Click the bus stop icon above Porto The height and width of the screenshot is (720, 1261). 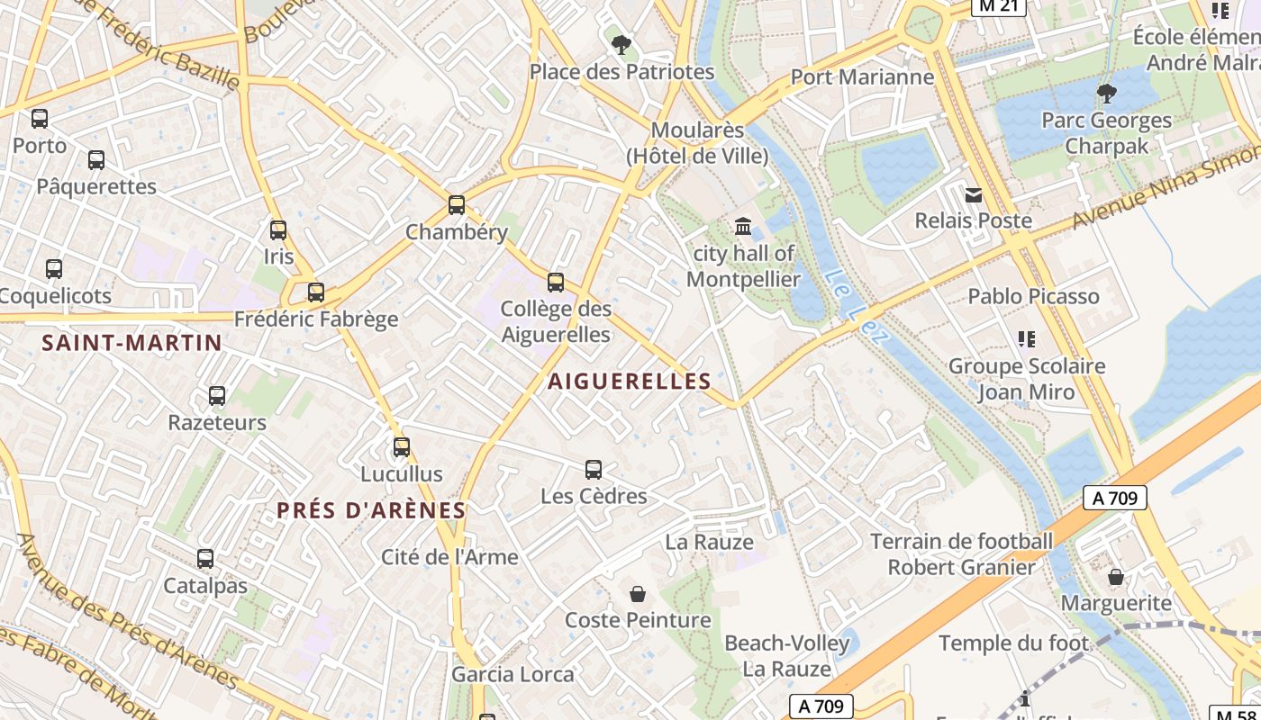pos(40,118)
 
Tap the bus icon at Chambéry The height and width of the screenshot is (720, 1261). pos(457,205)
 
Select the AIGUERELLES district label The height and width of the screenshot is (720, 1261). pos(630,382)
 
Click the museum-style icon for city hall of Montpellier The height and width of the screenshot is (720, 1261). pos(743,226)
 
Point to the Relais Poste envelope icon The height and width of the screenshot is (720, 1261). pos(974,194)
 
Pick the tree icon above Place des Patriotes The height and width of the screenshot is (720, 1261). pos(621,44)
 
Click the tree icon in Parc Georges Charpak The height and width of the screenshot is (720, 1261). pos(1107,93)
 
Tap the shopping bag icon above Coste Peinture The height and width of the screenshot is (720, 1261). pos(638,594)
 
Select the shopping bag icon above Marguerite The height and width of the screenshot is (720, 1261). pos(1116,577)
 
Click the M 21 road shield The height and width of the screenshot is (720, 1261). pos(999,6)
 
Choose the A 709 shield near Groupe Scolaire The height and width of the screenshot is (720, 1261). pos(1114,498)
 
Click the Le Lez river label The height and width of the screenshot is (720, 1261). pos(856,308)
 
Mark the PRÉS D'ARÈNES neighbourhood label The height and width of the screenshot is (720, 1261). pos(371,510)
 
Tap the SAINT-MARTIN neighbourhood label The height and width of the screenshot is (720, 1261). pos(132,343)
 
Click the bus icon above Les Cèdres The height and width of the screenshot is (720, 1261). pos(593,469)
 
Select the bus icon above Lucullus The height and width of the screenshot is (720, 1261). pos(402,447)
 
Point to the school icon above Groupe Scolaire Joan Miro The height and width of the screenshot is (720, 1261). pos(1026,339)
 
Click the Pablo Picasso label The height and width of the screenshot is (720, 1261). pos(1033,296)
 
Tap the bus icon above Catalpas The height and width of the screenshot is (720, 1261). pos(205,559)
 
